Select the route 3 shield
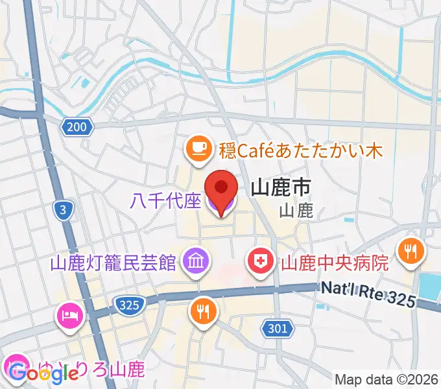coord(63,210)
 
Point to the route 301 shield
coord(277,329)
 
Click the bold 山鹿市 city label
coord(280,189)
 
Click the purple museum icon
coord(194,262)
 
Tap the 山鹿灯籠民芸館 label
coord(113,263)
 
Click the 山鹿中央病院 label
coord(334,263)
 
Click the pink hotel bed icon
coord(69,316)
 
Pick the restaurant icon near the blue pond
coord(411,249)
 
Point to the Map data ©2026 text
coord(387,379)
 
